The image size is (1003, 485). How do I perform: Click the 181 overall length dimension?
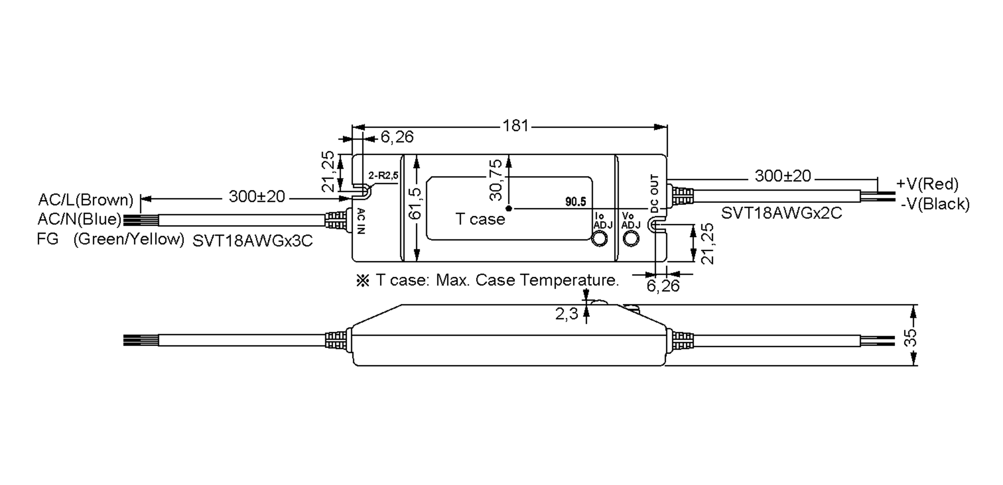tap(515, 126)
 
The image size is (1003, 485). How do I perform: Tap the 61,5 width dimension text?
tap(415, 203)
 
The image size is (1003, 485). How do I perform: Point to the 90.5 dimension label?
tap(575, 202)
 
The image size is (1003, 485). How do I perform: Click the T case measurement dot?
tap(509, 208)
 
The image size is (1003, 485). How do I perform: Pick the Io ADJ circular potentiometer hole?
tap(600, 239)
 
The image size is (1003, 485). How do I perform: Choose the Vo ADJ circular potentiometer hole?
tap(631, 238)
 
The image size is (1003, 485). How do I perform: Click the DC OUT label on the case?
tap(654, 193)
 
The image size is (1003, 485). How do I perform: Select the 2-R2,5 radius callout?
tap(383, 175)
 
